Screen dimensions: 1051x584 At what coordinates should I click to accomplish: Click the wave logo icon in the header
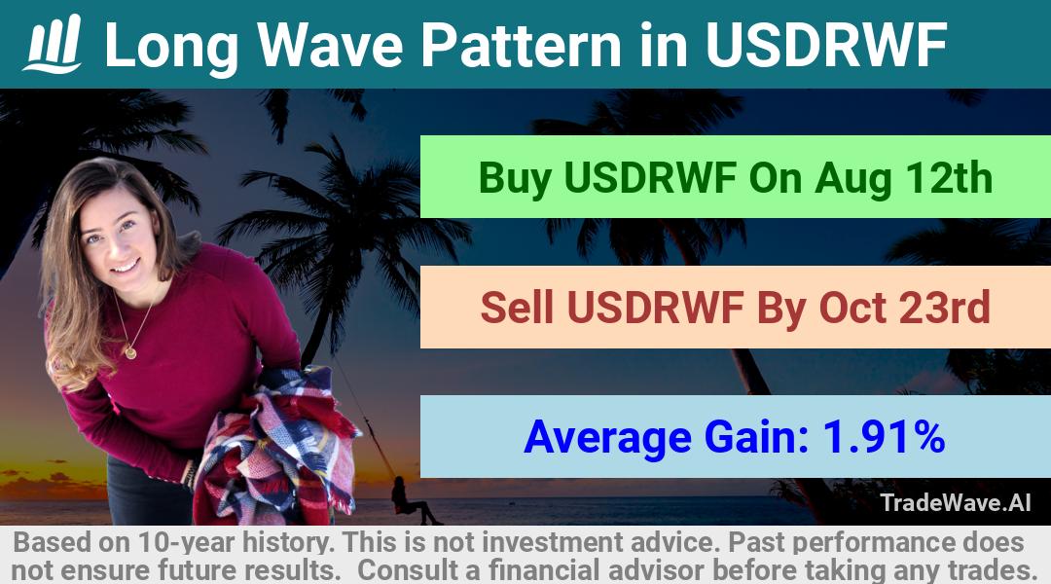(53, 44)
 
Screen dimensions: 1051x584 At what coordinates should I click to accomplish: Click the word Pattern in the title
(522, 45)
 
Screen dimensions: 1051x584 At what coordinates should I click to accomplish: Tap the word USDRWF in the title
(825, 45)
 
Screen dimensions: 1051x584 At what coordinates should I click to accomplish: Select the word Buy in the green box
(515, 178)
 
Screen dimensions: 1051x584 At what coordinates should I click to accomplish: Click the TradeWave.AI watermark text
(956, 502)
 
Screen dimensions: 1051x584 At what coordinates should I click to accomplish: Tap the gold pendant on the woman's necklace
(130, 351)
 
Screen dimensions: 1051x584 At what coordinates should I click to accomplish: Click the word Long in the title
(172, 47)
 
